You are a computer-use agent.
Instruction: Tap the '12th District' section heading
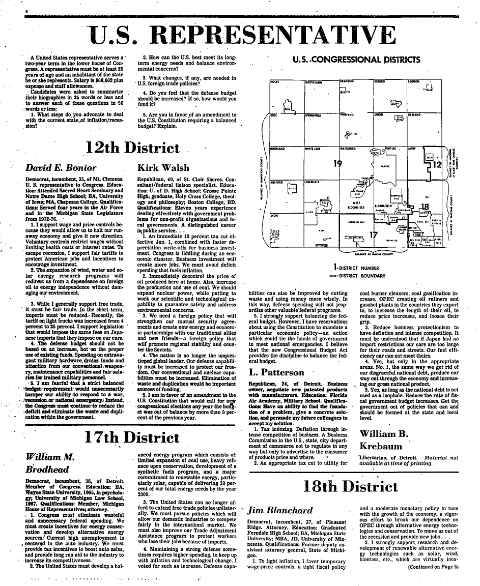click(x=133, y=148)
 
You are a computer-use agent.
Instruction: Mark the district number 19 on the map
click(x=337, y=164)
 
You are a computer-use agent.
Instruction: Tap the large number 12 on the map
click(x=439, y=164)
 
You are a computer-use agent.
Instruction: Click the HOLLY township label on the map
click(x=274, y=81)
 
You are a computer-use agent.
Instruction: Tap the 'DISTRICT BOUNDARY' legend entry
click(x=368, y=276)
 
